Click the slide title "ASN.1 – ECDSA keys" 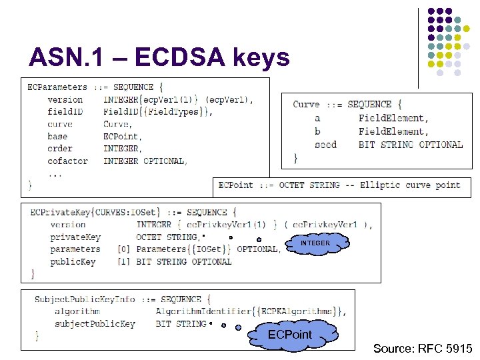pyautogui.click(x=159, y=58)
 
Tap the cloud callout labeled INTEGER pyautogui.click(x=315, y=244)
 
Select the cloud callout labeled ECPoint pyautogui.click(x=289, y=334)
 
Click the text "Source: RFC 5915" pyautogui.click(x=423, y=349)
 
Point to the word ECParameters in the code pyautogui.click(x=57, y=87)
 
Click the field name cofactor pyautogui.click(x=67, y=161)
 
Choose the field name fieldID pyautogui.click(x=65, y=111)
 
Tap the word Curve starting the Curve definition pyautogui.click(x=306, y=104)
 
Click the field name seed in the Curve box pyautogui.click(x=326, y=145)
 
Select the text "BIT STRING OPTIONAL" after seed pyautogui.click(x=410, y=145)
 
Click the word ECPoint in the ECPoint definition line pyautogui.click(x=235, y=185)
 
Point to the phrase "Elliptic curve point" pyautogui.click(x=410, y=185)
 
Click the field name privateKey pyautogui.click(x=75, y=237)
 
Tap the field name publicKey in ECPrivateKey pyautogui.click(x=73, y=261)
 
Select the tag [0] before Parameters pyautogui.click(x=123, y=249)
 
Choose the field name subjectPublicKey pyautogui.click(x=95, y=324)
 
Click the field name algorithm pyautogui.click(x=77, y=311)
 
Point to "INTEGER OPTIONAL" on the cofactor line pyautogui.click(x=145, y=161)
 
